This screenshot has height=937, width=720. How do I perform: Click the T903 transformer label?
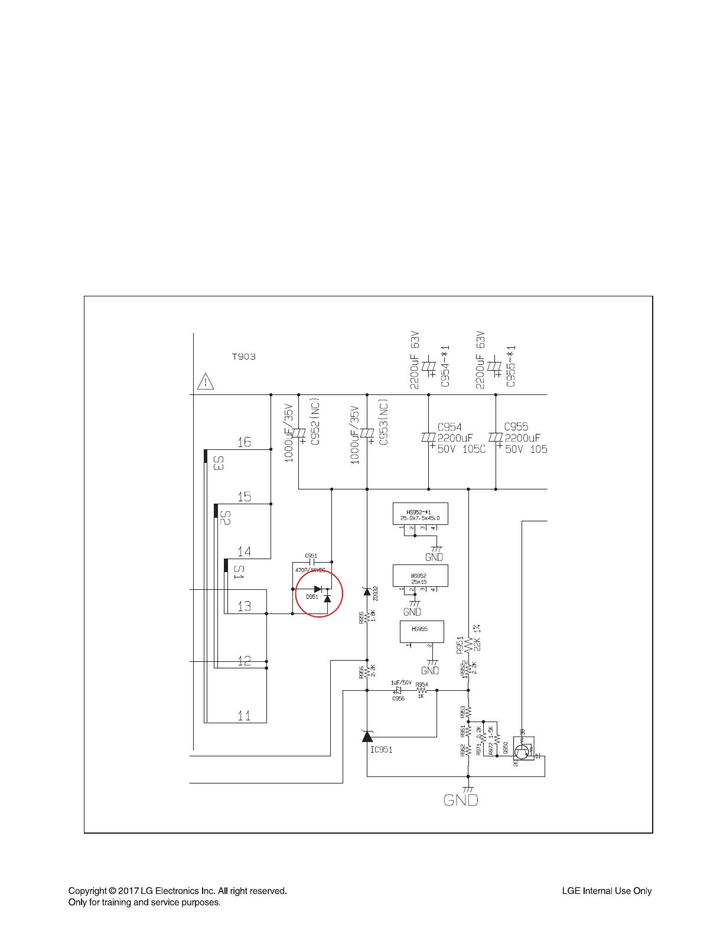click(243, 357)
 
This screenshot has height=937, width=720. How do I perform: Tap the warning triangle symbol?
click(205, 381)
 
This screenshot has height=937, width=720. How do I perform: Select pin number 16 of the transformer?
click(244, 442)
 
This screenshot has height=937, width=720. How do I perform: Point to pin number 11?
click(244, 716)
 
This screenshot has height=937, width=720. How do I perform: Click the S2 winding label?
click(224, 518)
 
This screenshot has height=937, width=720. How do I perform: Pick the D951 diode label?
click(312, 597)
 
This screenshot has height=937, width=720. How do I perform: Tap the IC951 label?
click(381, 750)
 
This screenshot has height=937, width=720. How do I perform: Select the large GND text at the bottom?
click(461, 800)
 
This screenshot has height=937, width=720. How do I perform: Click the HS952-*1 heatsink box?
click(420, 514)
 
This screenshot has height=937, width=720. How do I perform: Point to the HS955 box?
click(422, 632)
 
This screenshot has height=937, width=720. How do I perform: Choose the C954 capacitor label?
click(449, 427)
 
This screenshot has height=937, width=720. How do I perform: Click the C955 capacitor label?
click(516, 426)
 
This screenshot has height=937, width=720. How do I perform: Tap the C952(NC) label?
click(315, 422)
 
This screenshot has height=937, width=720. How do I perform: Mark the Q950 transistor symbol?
click(522, 752)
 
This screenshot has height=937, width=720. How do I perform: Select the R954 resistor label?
click(422, 685)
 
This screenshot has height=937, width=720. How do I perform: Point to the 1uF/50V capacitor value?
click(401, 683)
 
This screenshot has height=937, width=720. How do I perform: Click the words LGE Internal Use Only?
click(607, 891)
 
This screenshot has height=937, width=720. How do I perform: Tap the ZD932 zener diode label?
click(376, 593)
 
